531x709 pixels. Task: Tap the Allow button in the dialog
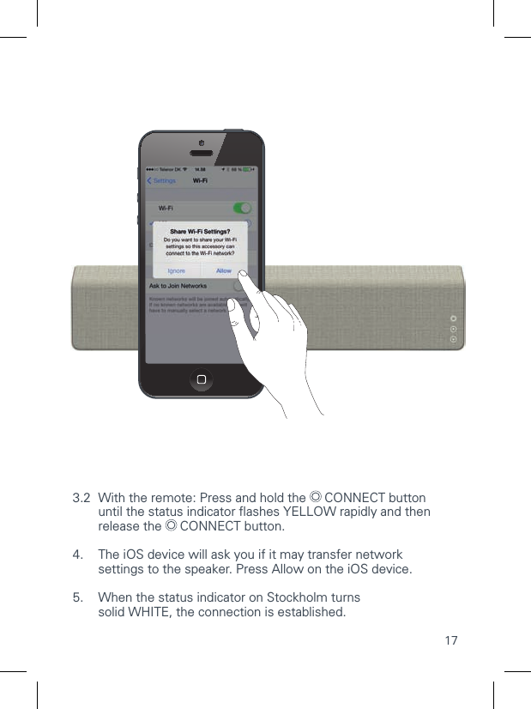click(x=224, y=270)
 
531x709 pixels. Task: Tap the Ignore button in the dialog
click(x=176, y=270)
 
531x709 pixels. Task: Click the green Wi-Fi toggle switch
click(x=243, y=208)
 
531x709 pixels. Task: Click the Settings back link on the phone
click(x=161, y=180)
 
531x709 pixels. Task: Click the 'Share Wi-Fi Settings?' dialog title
click(x=200, y=232)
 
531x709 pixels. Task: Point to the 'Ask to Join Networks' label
click(x=178, y=286)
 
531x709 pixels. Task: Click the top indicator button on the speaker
click(x=454, y=322)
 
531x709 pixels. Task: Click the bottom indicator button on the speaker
click(x=454, y=339)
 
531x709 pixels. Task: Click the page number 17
click(x=450, y=641)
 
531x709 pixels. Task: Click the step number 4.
click(x=78, y=554)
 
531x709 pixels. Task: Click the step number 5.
click(x=78, y=597)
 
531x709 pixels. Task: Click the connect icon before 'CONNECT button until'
click(x=315, y=498)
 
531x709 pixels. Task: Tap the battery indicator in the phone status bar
click(x=250, y=169)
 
